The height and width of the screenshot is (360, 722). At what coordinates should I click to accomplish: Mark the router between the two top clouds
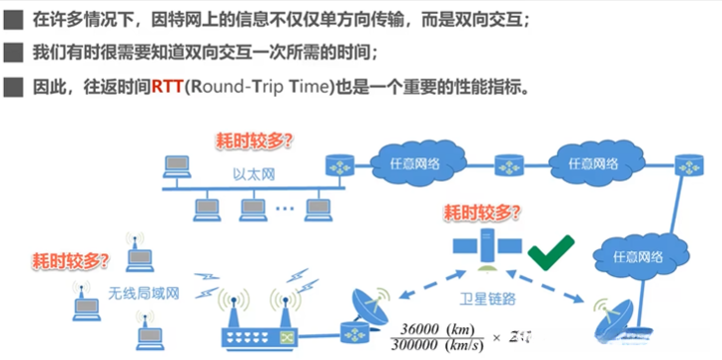[x=510, y=163]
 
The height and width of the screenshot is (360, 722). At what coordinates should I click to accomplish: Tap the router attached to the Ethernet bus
[x=340, y=163]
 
